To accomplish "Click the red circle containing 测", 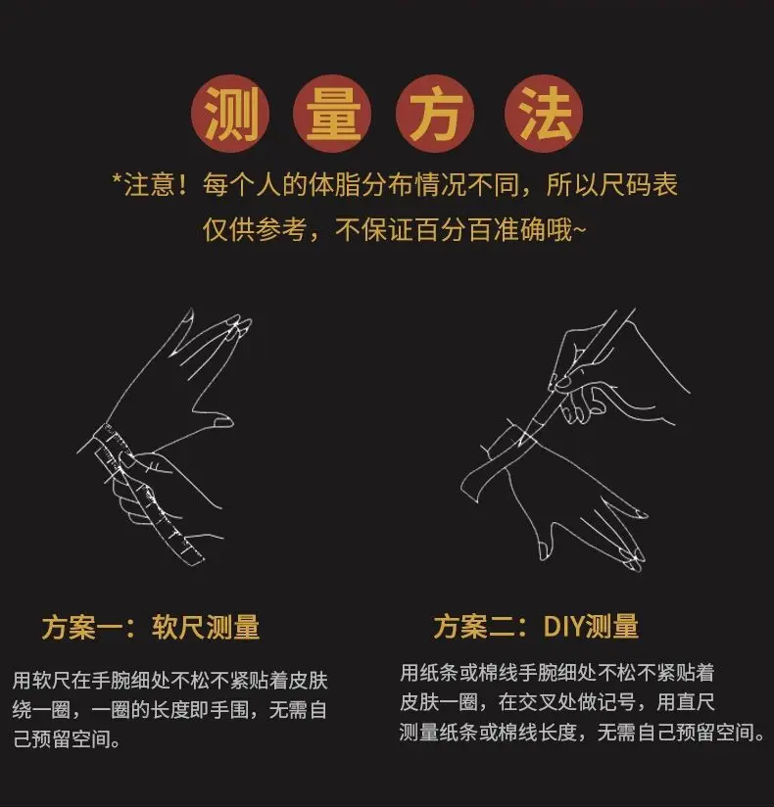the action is click(x=230, y=114).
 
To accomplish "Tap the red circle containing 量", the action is click(x=332, y=114).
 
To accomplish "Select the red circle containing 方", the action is click(x=435, y=114).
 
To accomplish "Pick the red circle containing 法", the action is click(x=544, y=114).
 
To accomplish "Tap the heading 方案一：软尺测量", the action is click(x=151, y=627).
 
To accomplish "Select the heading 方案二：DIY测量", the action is click(x=536, y=627).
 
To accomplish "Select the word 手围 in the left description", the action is click(x=229, y=711).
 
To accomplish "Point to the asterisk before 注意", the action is click(x=117, y=179).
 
